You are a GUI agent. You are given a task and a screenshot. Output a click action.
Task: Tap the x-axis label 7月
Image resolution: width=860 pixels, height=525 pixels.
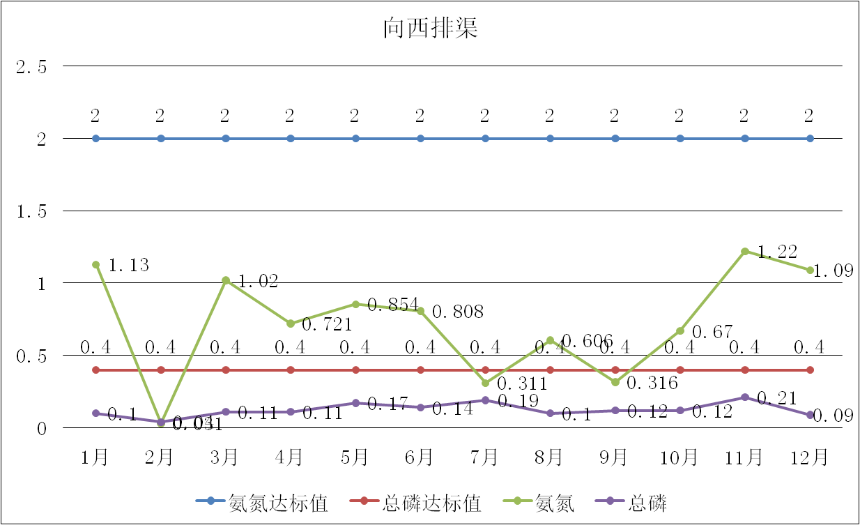pos(485,457)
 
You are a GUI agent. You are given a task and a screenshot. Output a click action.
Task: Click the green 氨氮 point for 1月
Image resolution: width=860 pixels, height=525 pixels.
pos(96,265)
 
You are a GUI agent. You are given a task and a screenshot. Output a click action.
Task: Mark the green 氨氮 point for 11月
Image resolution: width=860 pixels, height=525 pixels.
pos(745,251)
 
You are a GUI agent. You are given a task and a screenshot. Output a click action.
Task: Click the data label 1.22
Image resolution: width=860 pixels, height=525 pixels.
pos(777,252)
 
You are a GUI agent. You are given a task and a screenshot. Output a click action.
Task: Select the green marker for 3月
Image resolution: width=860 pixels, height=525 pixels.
pos(226,280)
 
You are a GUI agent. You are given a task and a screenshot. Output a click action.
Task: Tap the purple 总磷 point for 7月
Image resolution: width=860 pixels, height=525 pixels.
pos(486,400)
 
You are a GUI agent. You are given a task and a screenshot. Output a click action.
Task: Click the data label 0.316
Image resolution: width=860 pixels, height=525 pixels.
pos(652,383)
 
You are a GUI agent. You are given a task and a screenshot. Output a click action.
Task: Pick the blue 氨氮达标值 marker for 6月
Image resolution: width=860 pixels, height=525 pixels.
pos(421,139)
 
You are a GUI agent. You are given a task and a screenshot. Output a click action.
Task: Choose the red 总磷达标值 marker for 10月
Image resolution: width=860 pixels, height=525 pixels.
pos(680,370)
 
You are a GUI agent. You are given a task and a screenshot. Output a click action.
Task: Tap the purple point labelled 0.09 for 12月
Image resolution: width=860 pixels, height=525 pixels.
pos(810,415)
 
